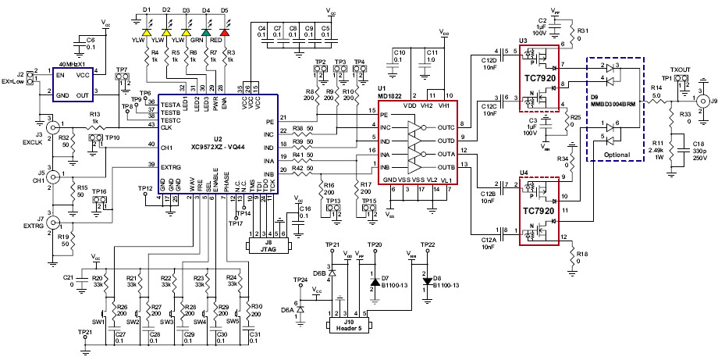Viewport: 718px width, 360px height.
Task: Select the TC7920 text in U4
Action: pos(536,210)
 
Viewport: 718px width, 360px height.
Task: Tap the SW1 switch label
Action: pos(99,320)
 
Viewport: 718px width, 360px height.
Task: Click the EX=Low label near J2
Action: pos(13,80)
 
